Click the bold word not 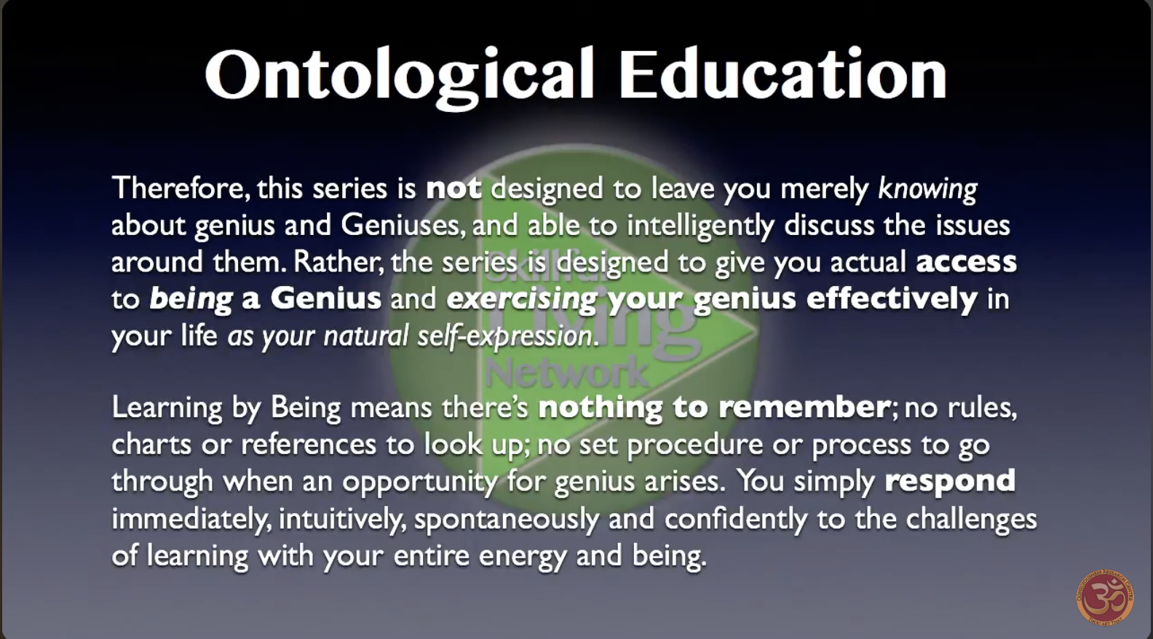tap(454, 188)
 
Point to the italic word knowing tap(927, 189)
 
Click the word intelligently tap(700, 226)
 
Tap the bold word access tap(966, 263)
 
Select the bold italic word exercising tap(522, 299)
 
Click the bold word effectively tap(892, 299)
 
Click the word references tap(309, 445)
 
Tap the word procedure tap(695, 445)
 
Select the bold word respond tap(950, 482)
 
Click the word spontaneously tap(507, 520)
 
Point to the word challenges tap(971, 520)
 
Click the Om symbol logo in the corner tap(1105, 598)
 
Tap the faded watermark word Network tap(566, 373)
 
